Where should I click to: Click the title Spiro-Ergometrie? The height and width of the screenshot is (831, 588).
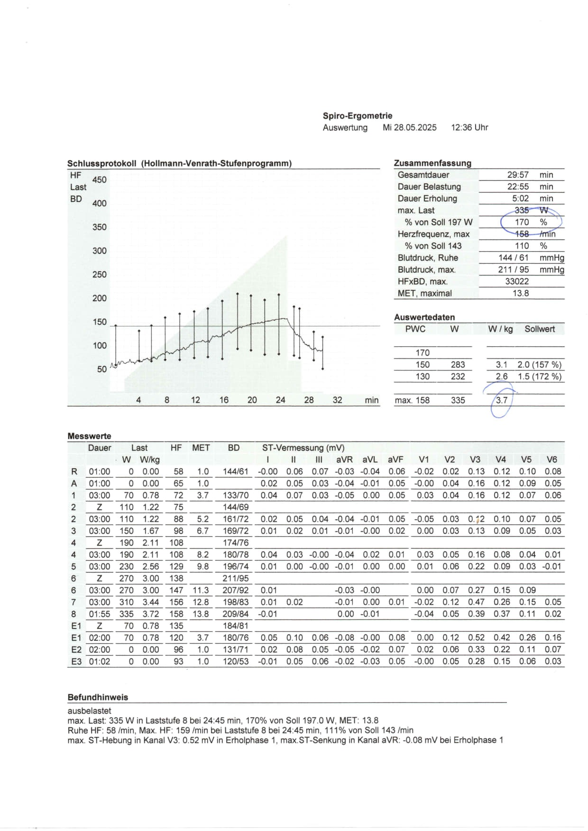click(358, 116)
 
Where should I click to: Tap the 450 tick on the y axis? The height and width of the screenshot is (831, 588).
click(100, 180)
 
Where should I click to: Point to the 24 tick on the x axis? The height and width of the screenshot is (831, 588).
click(280, 400)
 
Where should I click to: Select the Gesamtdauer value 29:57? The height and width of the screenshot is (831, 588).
click(518, 175)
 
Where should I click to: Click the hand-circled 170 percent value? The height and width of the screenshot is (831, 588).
click(522, 222)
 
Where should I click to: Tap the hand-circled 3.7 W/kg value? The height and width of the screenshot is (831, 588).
click(502, 400)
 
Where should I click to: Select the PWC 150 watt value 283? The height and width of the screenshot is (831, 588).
click(458, 365)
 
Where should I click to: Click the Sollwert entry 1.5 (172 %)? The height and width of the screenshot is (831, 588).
click(539, 377)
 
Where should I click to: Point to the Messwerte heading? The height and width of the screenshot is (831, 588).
click(89, 436)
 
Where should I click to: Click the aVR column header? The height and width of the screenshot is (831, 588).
click(344, 460)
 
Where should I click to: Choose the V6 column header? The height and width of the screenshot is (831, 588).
click(551, 460)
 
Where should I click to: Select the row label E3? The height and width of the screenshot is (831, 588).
click(76, 661)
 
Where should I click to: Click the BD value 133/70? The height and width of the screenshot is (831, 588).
click(235, 495)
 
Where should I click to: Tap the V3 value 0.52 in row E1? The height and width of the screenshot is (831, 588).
click(476, 637)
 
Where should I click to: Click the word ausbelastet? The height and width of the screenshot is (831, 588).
click(89, 711)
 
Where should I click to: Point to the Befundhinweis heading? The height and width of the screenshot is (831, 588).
click(98, 697)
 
